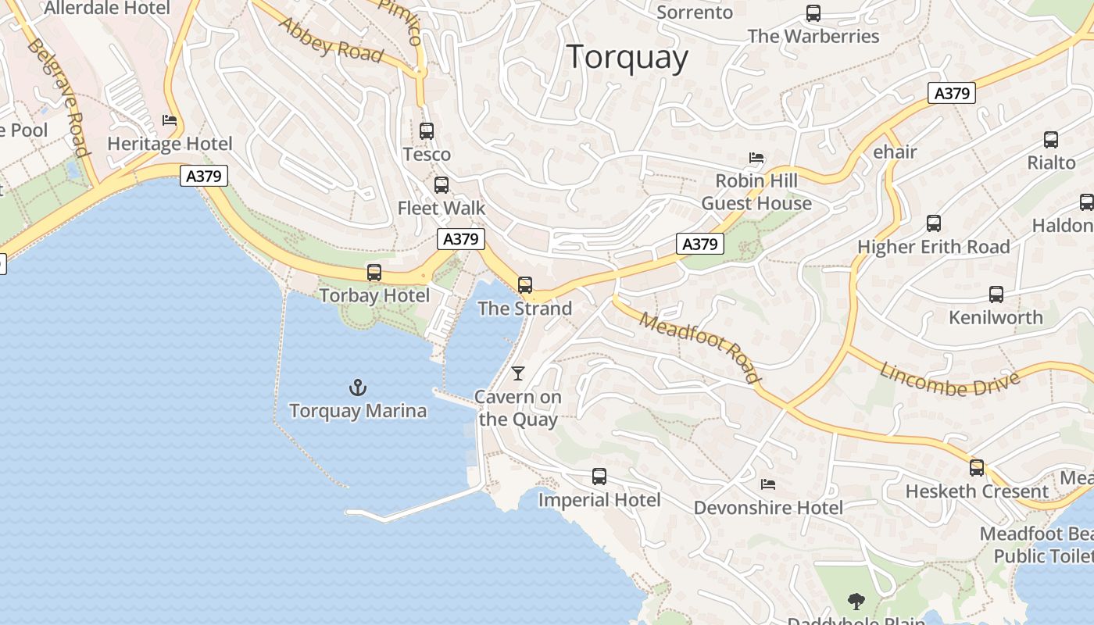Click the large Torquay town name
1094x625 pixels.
point(627,58)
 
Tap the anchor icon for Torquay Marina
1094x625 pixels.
point(357,387)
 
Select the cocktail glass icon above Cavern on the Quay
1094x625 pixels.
point(518,373)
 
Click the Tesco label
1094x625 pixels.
point(427,155)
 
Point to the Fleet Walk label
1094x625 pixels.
point(442,209)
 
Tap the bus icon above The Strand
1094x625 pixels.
point(525,285)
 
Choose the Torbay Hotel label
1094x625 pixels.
point(374,296)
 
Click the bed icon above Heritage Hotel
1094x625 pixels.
point(170,120)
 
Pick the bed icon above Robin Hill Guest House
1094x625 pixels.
point(756,158)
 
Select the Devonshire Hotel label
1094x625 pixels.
point(768,508)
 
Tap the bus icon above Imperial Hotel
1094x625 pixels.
point(599,477)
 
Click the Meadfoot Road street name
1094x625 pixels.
point(699,347)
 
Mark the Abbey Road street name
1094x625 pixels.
point(331,40)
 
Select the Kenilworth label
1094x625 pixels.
point(996,318)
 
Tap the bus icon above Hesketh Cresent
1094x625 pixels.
point(977,468)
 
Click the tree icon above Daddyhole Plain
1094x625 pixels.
point(856,601)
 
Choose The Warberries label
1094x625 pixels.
point(813,37)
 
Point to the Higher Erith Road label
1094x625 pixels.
point(934,248)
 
